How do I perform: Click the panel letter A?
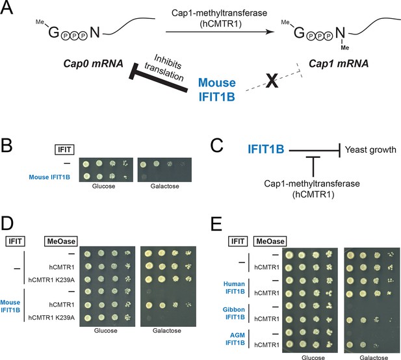tap(6, 8)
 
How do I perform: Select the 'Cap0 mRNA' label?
tap(94, 64)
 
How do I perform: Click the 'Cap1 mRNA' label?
tap(339, 64)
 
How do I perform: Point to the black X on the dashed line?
tap(272, 81)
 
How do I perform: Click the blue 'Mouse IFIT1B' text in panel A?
tap(217, 90)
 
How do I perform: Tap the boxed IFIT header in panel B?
tap(64, 149)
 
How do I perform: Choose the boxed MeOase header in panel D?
tap(61, 241)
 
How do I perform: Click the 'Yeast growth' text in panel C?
tap(370, 149)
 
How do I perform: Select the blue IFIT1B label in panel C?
tap(266, 149)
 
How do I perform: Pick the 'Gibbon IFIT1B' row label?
tap(234, 313)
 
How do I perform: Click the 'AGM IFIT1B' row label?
tap(235, 339)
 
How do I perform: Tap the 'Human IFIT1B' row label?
tap(234, 288)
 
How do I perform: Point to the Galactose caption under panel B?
tap(164, 186)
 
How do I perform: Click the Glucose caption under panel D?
tap(106, 331)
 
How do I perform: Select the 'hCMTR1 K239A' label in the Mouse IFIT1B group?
tap(51, 318)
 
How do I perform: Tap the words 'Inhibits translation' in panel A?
tap(164, 68)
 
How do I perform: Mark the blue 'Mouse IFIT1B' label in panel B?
tap(49, 177)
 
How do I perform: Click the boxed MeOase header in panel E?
tap(270, 241)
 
